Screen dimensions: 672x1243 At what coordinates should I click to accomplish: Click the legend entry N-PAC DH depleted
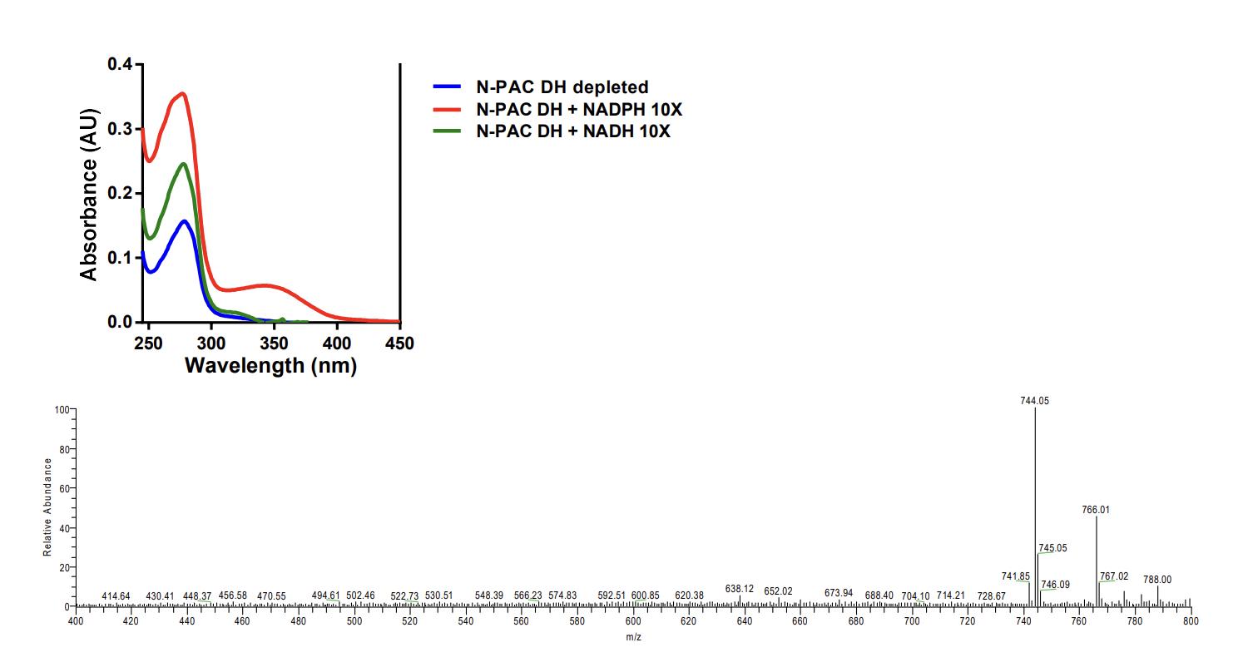tap(562, 86)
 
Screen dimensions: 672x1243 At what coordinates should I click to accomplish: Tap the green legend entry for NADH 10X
tap(572, 131)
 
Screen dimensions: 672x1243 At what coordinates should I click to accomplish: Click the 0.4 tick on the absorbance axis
tap(119, 65)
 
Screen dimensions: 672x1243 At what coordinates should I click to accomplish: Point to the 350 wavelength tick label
tap(275, 343)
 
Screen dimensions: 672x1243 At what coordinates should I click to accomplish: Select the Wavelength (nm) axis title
tap(270, 365)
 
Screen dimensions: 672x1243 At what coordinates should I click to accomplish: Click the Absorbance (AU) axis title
tap(89, 194)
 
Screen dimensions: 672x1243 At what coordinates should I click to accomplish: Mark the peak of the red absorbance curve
tap(183, 93)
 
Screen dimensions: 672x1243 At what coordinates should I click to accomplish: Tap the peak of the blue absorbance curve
tap(184, 221)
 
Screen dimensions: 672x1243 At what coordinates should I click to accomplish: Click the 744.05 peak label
tap(1034, 401)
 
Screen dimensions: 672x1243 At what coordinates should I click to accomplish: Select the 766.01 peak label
tap(1096, 510)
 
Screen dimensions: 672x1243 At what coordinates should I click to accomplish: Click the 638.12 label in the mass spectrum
tap(739, 589)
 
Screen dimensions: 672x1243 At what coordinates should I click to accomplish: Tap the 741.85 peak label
tap(1016, 576)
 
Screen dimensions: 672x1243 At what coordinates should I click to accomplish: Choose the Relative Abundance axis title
tap(48, 507)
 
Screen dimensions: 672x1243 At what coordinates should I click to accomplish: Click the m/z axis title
tap(634, 637)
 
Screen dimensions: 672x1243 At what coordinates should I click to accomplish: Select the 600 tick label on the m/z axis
tap(634, 621)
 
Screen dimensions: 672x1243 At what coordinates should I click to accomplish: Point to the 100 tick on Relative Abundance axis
tap(61, 409)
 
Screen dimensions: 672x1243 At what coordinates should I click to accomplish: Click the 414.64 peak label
tap(116, 596)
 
